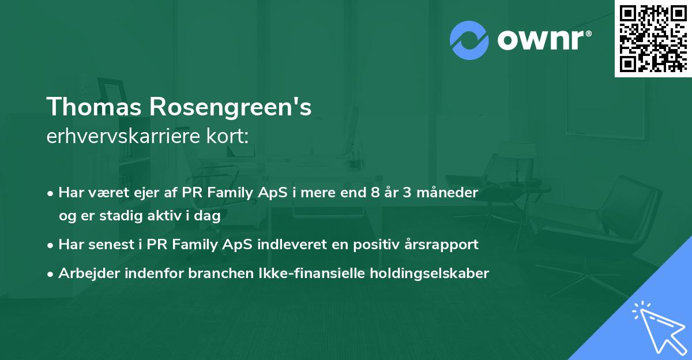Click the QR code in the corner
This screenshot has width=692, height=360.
coord(653,38)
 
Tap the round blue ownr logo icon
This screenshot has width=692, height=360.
coord(469,39)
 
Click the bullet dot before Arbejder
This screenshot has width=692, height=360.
coord(51,274)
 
